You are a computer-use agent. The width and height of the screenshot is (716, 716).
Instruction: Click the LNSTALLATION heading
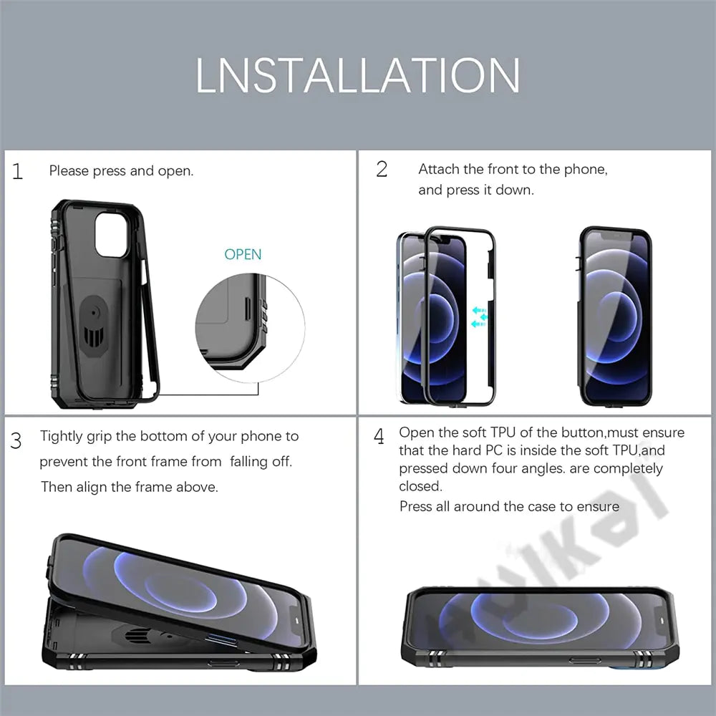(x=358, y=74)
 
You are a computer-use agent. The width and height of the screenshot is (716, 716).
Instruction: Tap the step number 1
(x=18, y=172)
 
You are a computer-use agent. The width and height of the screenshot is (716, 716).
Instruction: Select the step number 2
(x=382, y=169)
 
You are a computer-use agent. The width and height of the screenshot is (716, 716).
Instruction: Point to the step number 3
(x=16, y=440)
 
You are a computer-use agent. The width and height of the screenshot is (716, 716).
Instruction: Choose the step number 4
(x=379, y=436)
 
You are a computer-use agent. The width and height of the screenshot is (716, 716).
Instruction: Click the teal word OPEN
(x=243, y=254)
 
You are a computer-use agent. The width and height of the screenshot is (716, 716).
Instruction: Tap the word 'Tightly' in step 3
(x=62, y=436)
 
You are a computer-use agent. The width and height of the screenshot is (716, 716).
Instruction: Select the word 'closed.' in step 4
(x=420, y=486)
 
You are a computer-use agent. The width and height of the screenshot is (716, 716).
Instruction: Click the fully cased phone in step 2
(x=616, y=316)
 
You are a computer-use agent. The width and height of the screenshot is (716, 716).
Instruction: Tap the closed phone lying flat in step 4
(x=541, y=626)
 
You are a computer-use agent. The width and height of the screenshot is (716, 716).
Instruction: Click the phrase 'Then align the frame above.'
(x=129, y=487)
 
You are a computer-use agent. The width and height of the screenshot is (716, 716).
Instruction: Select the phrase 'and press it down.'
(x=476, y=190)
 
